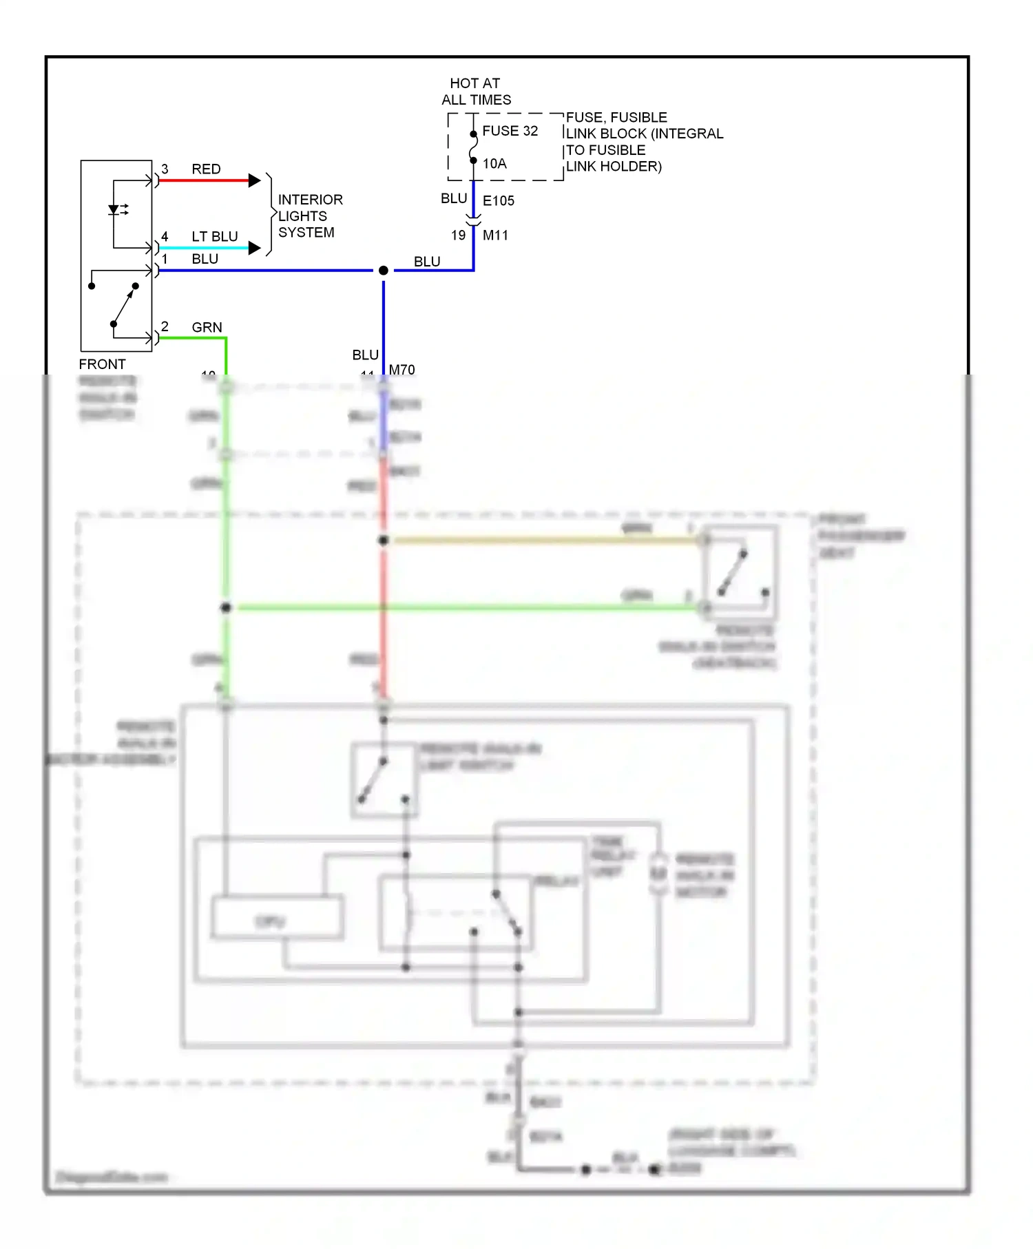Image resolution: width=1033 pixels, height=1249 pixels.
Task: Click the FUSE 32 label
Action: [510, 131]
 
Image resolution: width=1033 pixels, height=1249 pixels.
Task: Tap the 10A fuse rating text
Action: [494, 163]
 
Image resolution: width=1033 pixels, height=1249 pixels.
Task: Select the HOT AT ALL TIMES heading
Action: [476, 92]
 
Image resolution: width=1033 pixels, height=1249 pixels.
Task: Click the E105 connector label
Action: [498, 200]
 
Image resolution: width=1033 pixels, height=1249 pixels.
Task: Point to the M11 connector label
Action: [495, 235]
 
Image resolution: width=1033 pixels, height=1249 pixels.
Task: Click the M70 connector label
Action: [401, 370]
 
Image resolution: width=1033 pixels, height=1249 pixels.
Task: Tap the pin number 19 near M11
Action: [458, 235]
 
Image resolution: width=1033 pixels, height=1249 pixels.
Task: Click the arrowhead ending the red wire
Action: [254, 180]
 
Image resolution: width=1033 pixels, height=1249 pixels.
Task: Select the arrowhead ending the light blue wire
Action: [254, 248]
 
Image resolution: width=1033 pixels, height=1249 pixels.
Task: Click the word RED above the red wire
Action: [206, 169]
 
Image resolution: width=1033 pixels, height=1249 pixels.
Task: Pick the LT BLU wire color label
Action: [214, 236]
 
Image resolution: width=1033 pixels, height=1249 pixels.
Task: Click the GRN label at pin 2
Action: [207, 327]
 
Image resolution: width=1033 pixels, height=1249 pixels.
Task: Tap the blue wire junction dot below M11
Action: [384, 271]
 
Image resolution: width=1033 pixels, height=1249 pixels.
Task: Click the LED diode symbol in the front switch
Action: [114, 210]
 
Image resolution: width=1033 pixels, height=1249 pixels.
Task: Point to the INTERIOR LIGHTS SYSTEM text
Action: [309, 216]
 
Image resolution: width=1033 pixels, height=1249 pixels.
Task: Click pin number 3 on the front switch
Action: [165, 169]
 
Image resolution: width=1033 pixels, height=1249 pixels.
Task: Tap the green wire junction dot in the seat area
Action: [226, 607]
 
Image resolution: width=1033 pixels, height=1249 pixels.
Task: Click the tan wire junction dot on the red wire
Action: [384, 540]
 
